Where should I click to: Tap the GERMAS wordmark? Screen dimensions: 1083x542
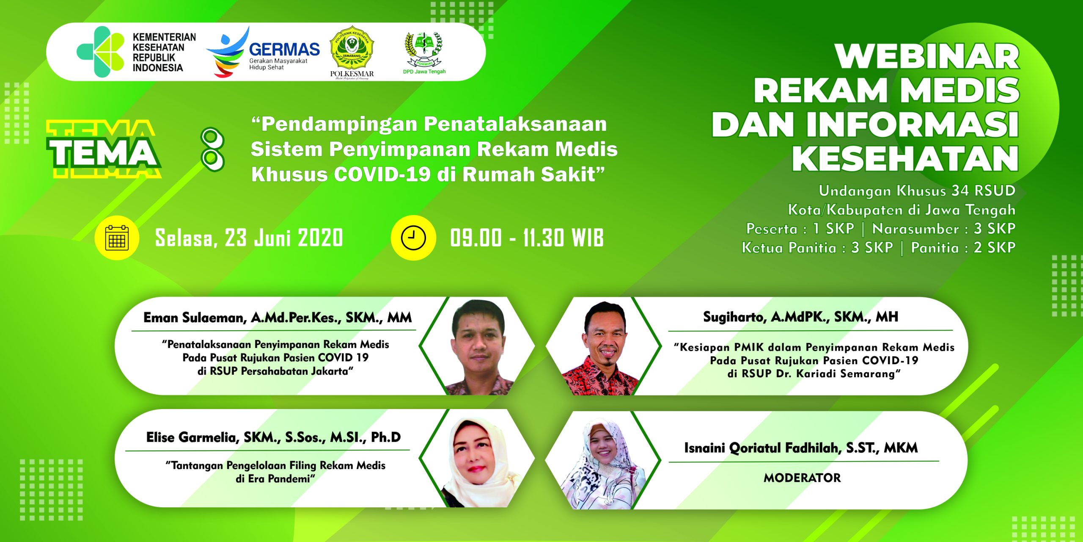coord(284,50)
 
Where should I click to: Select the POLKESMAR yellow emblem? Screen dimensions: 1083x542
coord(352,48)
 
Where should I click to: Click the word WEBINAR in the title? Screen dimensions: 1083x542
coord(927,56)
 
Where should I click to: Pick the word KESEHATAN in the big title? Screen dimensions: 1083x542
coord(905,158)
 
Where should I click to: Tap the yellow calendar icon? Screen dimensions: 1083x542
coord(117,238)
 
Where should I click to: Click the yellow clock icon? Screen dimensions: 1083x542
coord(413,238)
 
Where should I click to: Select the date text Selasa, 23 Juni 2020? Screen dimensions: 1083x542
coord(249,238)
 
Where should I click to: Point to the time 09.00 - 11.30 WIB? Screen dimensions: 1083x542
coord(527,238)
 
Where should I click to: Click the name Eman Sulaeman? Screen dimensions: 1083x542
coord(195,318)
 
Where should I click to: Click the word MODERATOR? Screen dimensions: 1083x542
coord(802,478)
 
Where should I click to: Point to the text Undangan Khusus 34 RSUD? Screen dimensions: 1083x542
coord(917,191)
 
